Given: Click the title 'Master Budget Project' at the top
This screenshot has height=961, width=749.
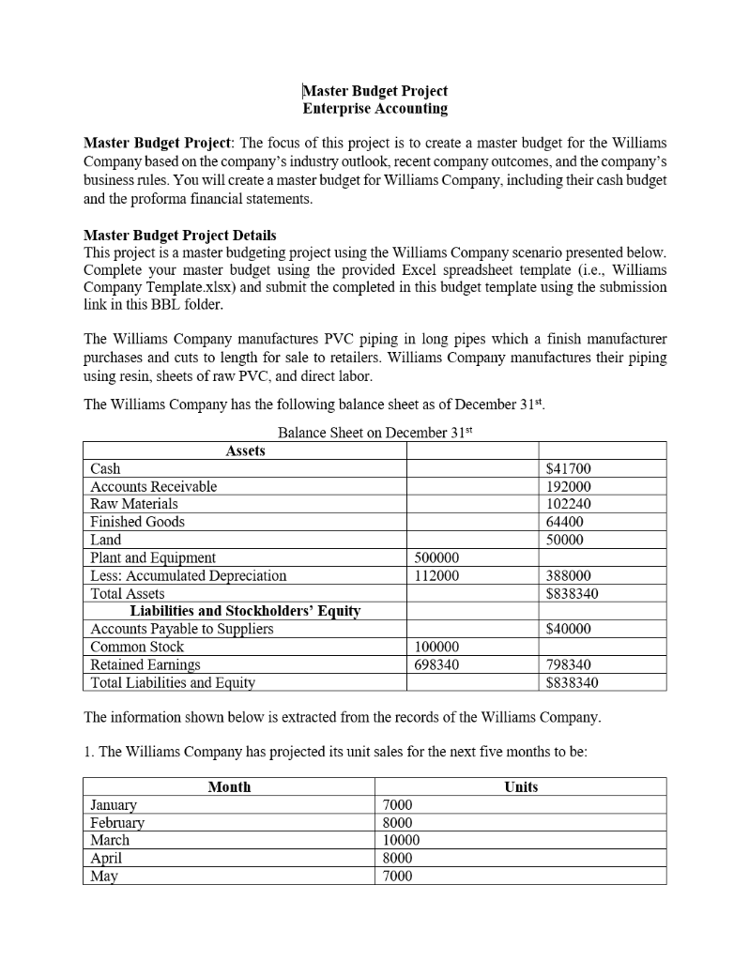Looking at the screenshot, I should pyautogui.click(x=375, y=91).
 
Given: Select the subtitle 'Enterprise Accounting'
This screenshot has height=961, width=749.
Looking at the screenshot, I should pyautogui.click(x=375, y=109).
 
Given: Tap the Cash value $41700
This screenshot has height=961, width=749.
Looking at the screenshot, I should pyautogui.click(x=569, y=468).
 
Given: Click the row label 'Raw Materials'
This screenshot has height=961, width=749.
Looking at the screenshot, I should pyautogui.click(x=134, y=504).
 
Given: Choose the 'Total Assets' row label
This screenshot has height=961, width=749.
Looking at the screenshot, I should pyautogui.click(x=128, y=593).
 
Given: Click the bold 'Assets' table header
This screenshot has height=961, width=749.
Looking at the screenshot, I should pyautogui.click(x=245, y=450).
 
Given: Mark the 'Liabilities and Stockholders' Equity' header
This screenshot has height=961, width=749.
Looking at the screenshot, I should pyautogui.click(x=245, y=611).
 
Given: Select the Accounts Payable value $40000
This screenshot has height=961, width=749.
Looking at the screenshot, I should pyautogui.click(x=569, y=629).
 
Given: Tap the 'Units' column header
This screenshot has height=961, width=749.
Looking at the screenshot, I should pyautogui.click(x=521, y=786).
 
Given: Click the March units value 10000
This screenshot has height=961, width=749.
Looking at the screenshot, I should pyautogui.click(x=403, y=840).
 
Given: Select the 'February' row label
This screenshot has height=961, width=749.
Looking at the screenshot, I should pyautogui.click(x=117, y=822).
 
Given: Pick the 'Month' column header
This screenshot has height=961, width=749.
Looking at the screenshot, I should pyautogui.click(x=229, y=786).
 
